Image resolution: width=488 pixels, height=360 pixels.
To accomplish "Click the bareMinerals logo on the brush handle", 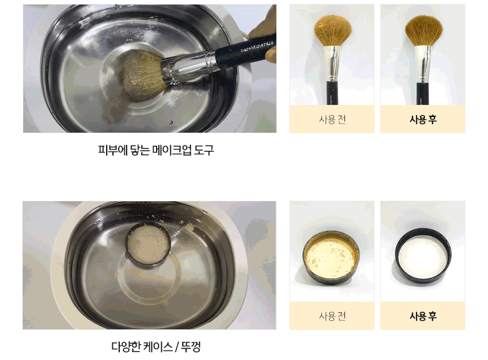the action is click(x=256, y=46).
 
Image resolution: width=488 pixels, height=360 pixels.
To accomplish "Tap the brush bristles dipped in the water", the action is click(x=143, y=76).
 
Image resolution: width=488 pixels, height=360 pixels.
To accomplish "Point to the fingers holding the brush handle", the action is click(x=264, y=34).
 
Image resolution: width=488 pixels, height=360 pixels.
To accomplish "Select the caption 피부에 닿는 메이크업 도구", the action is click(x=156, y=150).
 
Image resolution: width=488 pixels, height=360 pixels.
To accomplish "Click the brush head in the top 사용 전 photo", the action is click(x=333, y=31).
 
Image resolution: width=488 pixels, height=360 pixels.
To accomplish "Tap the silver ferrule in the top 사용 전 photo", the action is click(x=333, y=63).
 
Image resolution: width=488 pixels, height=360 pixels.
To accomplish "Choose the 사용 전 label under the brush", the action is click(x=332, y=119).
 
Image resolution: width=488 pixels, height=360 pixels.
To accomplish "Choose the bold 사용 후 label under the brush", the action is click(x=423, y=119).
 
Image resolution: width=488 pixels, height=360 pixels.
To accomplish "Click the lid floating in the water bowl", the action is click(x=149, y=244).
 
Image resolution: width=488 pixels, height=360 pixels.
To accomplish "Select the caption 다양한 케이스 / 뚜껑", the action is click(x=155, y=346).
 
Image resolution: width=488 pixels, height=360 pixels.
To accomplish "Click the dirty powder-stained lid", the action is click(x=331, y=257).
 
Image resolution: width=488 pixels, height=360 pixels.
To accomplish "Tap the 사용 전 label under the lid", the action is click(x=332, y=316).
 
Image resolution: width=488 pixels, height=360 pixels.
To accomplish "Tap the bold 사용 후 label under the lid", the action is click(x=423, y=316).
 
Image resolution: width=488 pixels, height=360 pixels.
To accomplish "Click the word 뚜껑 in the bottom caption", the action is click(x=191, y=346).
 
